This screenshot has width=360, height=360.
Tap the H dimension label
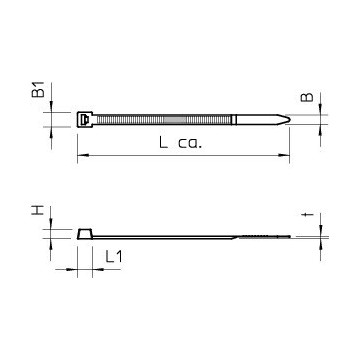tap(38, 211)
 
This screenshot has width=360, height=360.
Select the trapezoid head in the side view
tap(85, 235)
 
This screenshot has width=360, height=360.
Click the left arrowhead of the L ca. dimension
tap(81, 155)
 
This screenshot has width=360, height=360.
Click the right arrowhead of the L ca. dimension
tap(287, 155)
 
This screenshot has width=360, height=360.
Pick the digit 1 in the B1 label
tap(38, 88)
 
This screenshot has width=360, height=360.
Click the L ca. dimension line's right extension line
tap(290, 145)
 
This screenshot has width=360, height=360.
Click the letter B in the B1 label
tap(38, 99)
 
